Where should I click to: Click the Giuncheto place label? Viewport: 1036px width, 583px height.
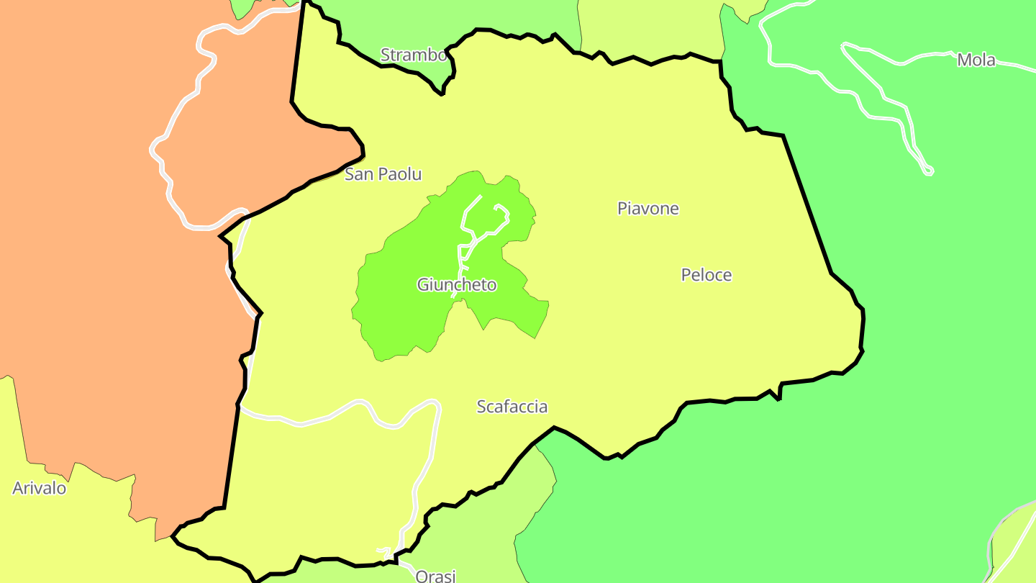click(x=457, y=285)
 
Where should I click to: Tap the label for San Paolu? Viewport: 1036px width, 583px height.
click(x=383, y=174)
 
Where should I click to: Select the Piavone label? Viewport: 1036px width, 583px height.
click(x=647, y=209)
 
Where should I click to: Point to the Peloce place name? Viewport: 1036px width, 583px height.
click(x=706, y=275)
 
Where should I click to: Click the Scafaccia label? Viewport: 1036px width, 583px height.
click(x=512, y=407)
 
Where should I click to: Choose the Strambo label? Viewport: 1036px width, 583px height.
click(x=413, y=55)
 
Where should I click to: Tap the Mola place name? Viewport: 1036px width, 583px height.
click(x=976, y=60)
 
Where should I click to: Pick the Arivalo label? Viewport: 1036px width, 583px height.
click(x=39, y=489)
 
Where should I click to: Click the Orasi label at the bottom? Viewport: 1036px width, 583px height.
click(x=435, y=576)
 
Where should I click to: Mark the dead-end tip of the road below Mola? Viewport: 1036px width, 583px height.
click(x=929, y=171)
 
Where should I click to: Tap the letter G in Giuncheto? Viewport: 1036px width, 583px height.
click(x=423, y=285)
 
